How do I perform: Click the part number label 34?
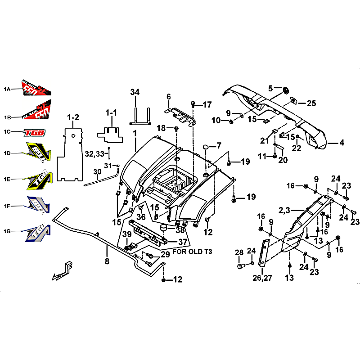(x=135, y=92)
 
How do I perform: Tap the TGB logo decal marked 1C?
(x=35, y=132)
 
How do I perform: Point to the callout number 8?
(x=107, y=261)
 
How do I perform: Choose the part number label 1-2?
(x=73, y=117)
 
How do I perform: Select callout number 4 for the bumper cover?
(x=342, y=143)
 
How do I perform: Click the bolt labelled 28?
(x=240, y=266)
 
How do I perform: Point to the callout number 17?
(x=207, y=105)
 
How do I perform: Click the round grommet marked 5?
(x=285, y=91)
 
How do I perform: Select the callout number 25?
(x=311, y=103)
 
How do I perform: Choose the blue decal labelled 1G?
(x=38, y=231)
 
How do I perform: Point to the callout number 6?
(x=169, y=96)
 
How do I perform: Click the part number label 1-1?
(x=111, y=112)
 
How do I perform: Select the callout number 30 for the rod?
(x=98, y=172)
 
